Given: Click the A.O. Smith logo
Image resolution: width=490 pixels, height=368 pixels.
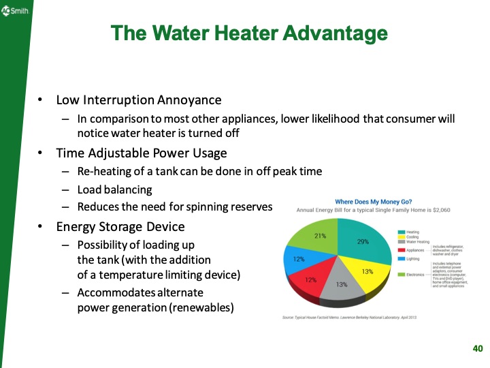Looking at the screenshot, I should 14,12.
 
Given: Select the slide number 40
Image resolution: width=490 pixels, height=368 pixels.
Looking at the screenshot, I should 477,349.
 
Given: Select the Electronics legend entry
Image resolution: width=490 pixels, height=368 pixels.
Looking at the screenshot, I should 416,275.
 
